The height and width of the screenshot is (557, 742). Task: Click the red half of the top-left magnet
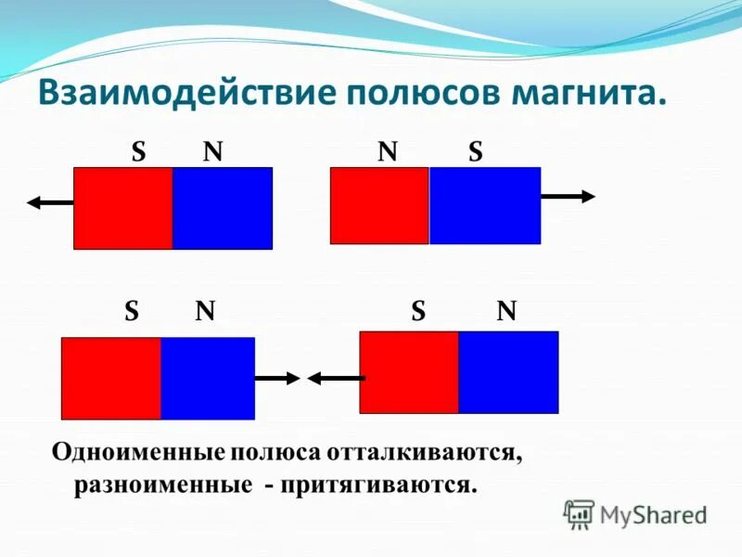[123, 208]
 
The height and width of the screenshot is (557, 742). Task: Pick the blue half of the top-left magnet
[223, 208]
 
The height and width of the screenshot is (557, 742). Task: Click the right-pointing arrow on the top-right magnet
[568, 196]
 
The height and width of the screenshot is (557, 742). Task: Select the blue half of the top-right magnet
[484, 205]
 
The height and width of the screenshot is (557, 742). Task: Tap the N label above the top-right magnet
[388, 152]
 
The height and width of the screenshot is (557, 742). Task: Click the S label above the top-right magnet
[475, 152]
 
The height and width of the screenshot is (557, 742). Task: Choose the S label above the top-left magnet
[138, 152]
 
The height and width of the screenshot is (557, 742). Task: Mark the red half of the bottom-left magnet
[111, 378]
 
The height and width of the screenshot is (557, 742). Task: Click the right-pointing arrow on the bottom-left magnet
[277, 378]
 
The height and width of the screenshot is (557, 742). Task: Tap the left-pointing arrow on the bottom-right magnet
[335, 378]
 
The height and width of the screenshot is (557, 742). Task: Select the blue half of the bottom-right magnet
[508, 371]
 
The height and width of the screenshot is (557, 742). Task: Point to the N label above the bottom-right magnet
[506, 312]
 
